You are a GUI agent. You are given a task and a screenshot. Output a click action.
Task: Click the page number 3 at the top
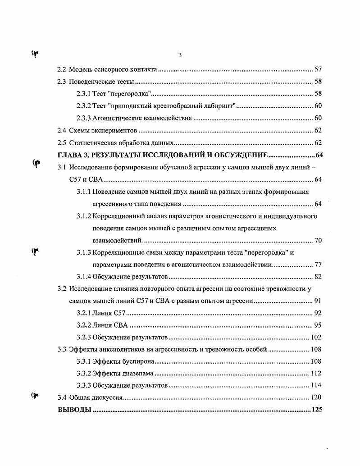pos(180,55)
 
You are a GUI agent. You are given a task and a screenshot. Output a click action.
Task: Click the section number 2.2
pos(62,70)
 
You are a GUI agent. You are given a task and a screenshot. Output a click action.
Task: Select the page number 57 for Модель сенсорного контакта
pos(318,70)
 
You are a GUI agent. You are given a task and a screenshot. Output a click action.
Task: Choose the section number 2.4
pos(62,131)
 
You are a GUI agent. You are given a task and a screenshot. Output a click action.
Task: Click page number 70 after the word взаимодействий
pos(318,240)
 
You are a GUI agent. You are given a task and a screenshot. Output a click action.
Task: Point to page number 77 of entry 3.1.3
pos(318,265)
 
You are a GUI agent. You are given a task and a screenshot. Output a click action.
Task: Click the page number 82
pos(318,277)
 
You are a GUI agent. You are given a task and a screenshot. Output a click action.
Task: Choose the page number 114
pos(316,386)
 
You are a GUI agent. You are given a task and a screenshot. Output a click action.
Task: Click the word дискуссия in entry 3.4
pos(106,398)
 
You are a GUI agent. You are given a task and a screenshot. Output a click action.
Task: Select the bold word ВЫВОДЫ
pos(74,411)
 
